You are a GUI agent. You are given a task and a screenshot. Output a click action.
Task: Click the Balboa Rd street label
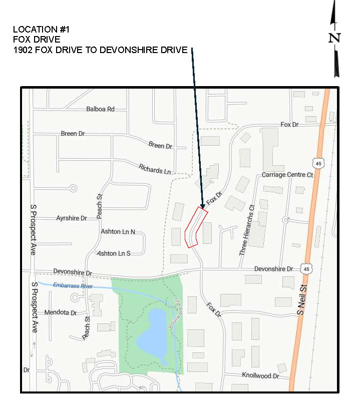click(x=100, y=109)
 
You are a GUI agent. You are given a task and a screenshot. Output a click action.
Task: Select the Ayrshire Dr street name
click(x=71, y=218)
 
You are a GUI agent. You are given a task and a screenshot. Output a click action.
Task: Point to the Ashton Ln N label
click(x=118, y=231)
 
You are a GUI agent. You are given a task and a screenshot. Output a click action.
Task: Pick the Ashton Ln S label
click(x=114, y=253)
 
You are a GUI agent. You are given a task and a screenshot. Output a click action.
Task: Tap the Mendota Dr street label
click(x=60, y=312)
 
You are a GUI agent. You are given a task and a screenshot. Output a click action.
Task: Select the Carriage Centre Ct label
click(x=287, y=175)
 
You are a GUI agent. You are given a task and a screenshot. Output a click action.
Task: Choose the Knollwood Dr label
click(x=260, y=375)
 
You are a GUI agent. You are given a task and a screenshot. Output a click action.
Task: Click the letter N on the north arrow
click(x=334, y=38)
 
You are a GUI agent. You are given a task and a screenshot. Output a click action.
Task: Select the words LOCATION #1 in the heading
click(x=41, y=30)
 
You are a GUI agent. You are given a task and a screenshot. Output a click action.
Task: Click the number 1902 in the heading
click(x=24, y=50)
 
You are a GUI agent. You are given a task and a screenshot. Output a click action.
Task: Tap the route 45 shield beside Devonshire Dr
click(x=305, y=269)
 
